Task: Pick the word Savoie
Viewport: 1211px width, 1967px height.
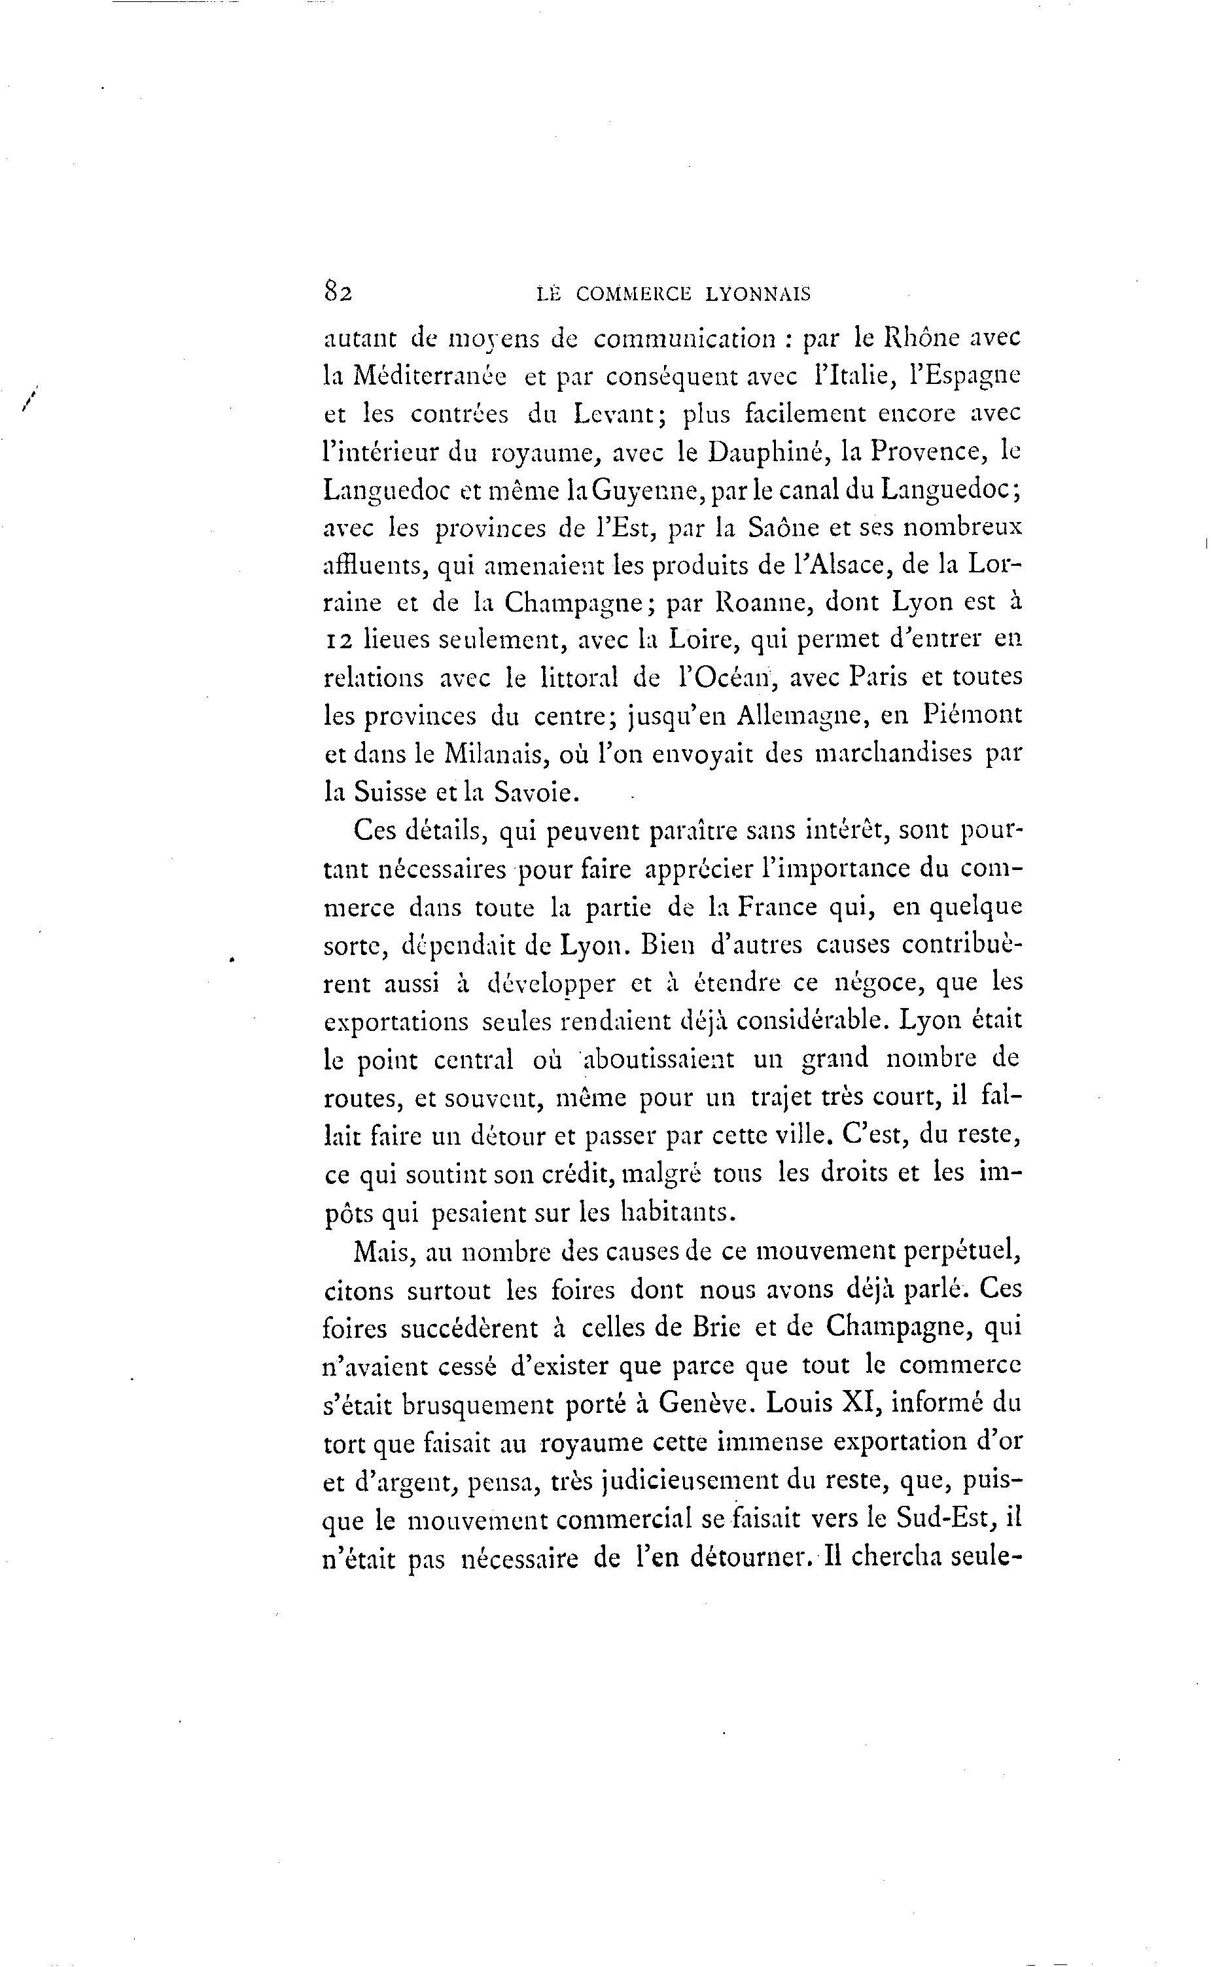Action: tap(535, 792)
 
